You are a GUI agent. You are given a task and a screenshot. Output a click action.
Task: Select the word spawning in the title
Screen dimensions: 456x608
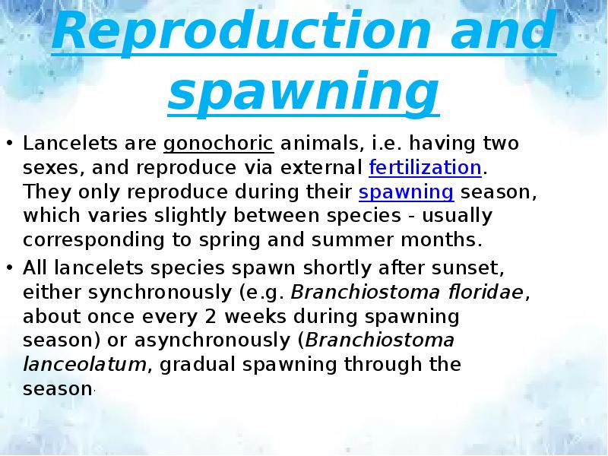pyautogui.click(x=303, y=93)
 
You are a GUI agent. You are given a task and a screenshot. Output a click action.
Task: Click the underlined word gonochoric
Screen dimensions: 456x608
pyautogui.click(x=218, y=144)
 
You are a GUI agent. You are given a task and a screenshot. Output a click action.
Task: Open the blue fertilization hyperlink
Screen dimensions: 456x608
pyautogui.click(x=426, y=168)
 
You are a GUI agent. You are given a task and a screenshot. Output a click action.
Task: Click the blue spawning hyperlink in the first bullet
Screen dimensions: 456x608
pyautogui.click(x=406, y=192)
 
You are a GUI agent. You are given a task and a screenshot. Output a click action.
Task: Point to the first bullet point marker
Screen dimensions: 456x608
pyautogui.click(x=10, y=144)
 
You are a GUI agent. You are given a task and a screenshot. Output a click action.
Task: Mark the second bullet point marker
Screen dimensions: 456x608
pyautogui.click(x=10, y=267)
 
